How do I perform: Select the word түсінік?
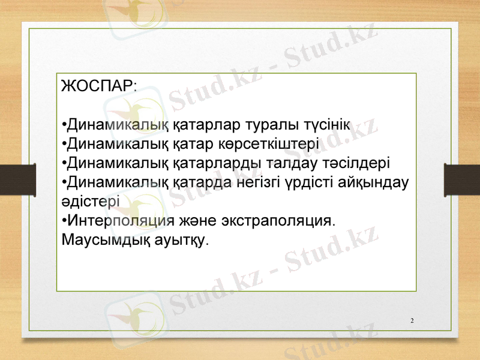[x=327, y=125]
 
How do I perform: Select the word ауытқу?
[x=182, y=240]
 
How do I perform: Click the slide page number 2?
[x=412, y=320]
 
